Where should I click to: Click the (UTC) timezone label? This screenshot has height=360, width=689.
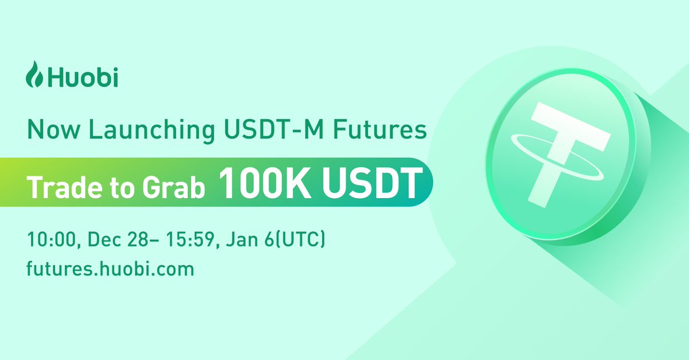(299, 239)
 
